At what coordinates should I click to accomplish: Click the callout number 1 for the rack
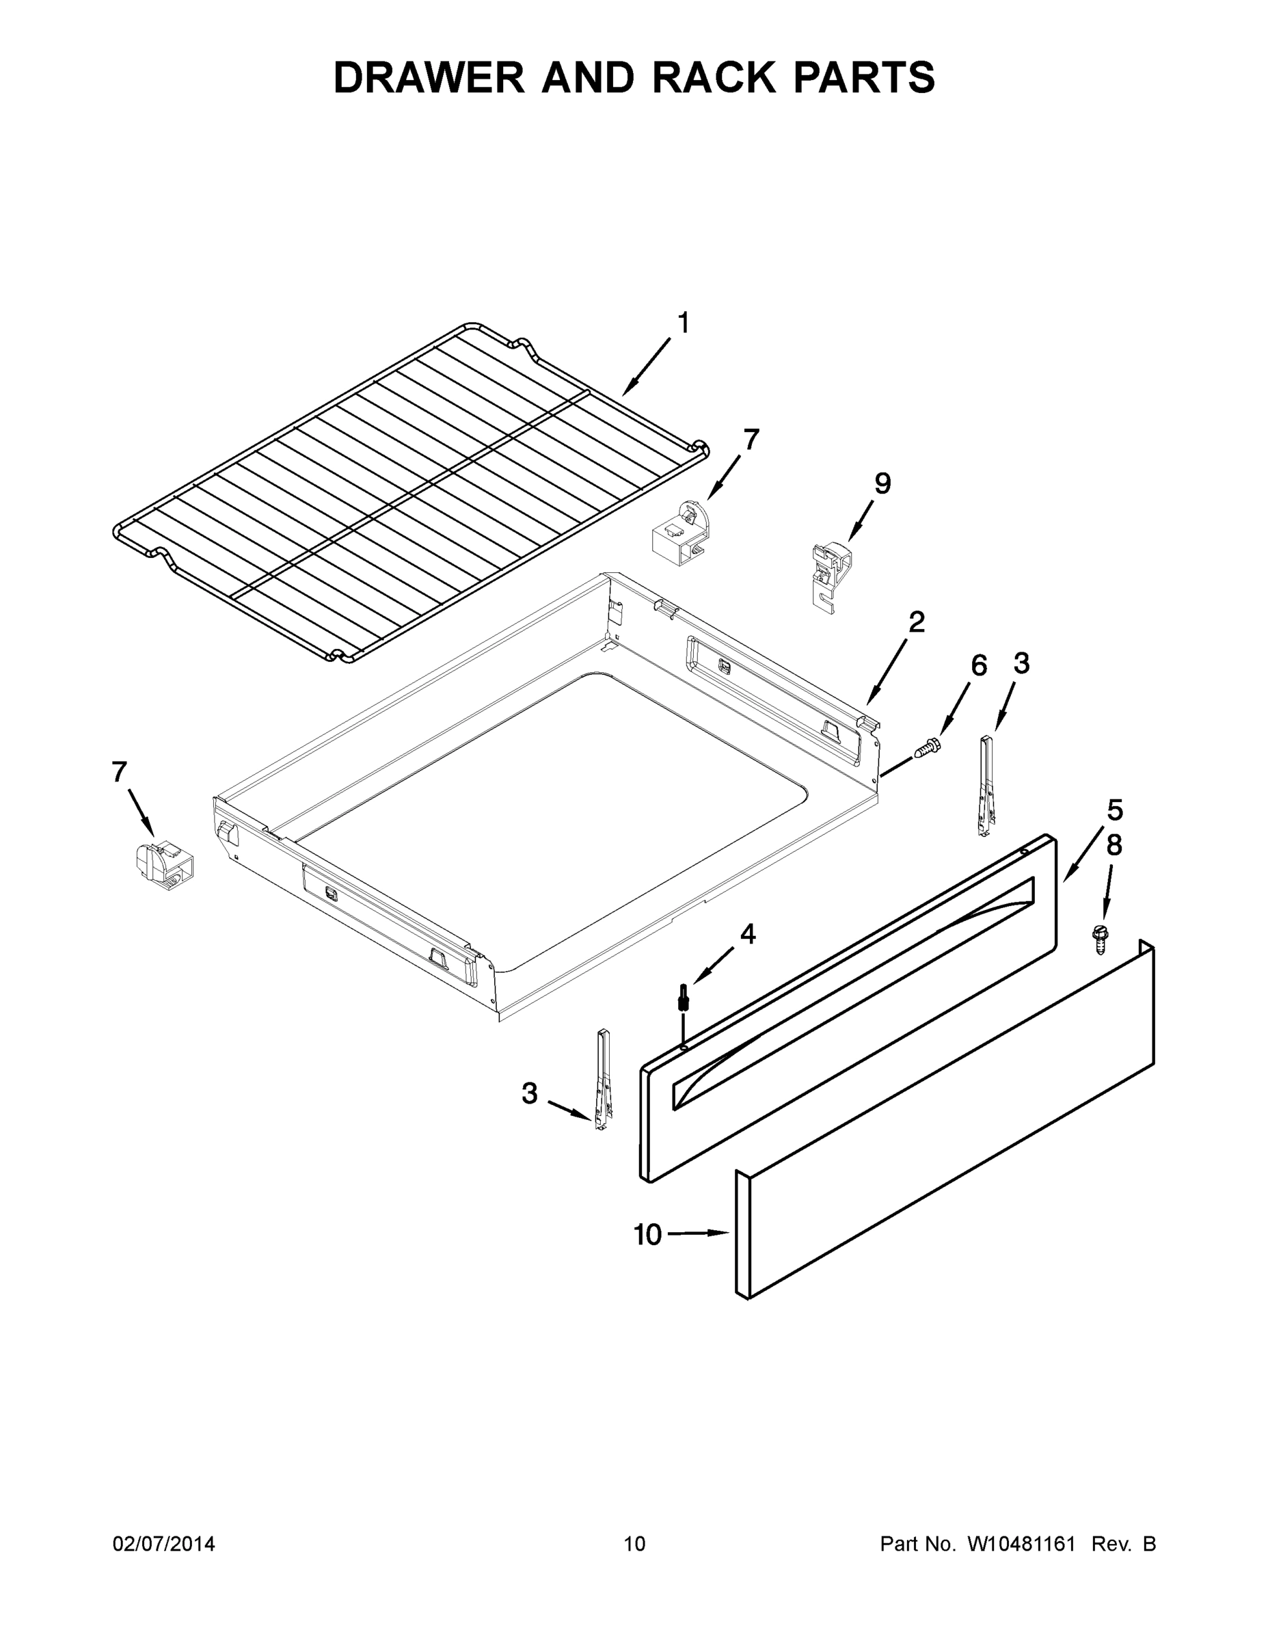tap(683, 324)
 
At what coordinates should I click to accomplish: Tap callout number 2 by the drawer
tap(917, 623)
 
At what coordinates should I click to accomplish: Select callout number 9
tap(882, 484)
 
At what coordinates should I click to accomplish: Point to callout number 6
tap(979, 666)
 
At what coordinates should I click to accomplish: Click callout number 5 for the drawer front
tap(1115, 811)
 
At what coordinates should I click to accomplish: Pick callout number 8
tap(1114, 845)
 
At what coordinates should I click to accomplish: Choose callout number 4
tap(747, 934)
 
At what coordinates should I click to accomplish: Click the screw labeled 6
tap(928, 747)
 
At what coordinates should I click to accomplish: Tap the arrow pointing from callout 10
tap(699, 1233)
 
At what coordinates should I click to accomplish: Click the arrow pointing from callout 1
tap(646, 367)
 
